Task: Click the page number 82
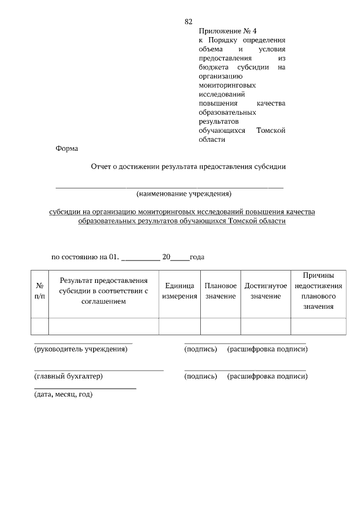(188, 22)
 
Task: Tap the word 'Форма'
(67, 149)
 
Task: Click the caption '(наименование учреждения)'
(184, 194)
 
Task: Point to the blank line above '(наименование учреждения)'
(169, 186)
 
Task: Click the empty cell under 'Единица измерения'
(180, 326)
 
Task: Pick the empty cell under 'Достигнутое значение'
(265, 326)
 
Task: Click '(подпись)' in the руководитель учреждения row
(201, 349)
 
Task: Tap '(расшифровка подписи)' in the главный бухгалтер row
(267, 376)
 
